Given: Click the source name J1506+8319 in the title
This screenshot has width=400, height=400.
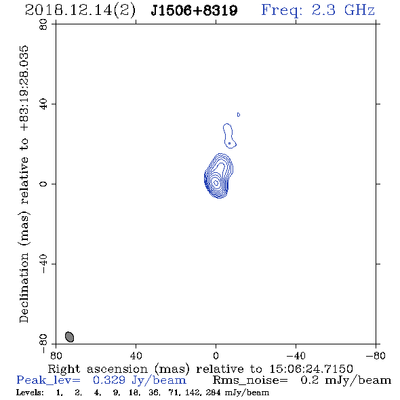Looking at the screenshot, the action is click(194, 10).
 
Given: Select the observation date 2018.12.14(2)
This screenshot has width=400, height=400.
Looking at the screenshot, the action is click(81, 11).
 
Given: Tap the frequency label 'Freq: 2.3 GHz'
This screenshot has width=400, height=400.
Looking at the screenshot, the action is click(318, 10).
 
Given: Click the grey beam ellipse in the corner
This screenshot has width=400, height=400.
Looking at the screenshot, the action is click(69, 337).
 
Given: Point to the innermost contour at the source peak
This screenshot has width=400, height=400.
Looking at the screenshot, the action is click(216, 182).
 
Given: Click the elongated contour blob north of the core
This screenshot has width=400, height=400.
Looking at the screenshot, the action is click(229, 136).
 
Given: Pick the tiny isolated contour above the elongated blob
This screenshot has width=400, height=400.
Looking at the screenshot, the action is click(239, 115).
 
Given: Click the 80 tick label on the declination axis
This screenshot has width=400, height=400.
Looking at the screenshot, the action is click(43, 24).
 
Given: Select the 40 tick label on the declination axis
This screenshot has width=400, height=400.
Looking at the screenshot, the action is click(43, 104).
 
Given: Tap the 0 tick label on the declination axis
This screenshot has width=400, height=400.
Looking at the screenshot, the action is click(43, 184).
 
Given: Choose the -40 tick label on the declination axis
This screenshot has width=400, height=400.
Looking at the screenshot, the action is click(43, 264).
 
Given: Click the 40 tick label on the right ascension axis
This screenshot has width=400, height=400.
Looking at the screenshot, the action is click(136, 355).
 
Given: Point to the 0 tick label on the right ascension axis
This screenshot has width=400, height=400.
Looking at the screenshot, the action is click(216, 355).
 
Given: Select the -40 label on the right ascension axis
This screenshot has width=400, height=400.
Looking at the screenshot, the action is click(296, 355).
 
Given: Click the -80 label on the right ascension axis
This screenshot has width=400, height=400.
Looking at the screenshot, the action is click(376, 355).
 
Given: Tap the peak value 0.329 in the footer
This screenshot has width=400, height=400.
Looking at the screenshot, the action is click(109, 380).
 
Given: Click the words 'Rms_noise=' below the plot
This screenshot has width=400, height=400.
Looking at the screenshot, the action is click(250, 380).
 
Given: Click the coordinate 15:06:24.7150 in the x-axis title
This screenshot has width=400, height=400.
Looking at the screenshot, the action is click(311, 369).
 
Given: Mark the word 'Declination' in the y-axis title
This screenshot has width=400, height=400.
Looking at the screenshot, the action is click(24, 287).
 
